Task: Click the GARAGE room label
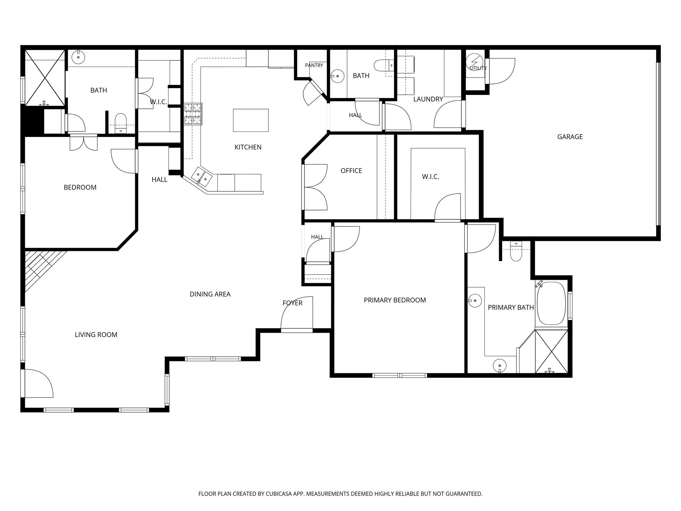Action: pyautogui.click(x=570, y=137)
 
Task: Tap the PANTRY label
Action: pyautogui.click(x=314, y=66)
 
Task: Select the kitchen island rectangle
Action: pyautogui.click(x=251, y=120)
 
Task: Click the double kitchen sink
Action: pyautogui.click(x=202, y=176)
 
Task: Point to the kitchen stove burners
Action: pyautogui.click(x=193, y=114)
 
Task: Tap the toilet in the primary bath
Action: pyautogui.click(x=516, y=253)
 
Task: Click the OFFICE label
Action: pyautogui.click(x=351, y=171)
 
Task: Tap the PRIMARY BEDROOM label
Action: pyautogui.click(x=395, y=300)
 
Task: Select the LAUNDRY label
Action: pyautogui.click(x=428, y=99)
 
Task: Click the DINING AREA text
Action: pyautogui.click(x=210, y=294)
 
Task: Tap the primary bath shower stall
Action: pyautogui.click(x=551, y=351)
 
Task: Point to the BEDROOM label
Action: pyautogui.click(x=80, y=187)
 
